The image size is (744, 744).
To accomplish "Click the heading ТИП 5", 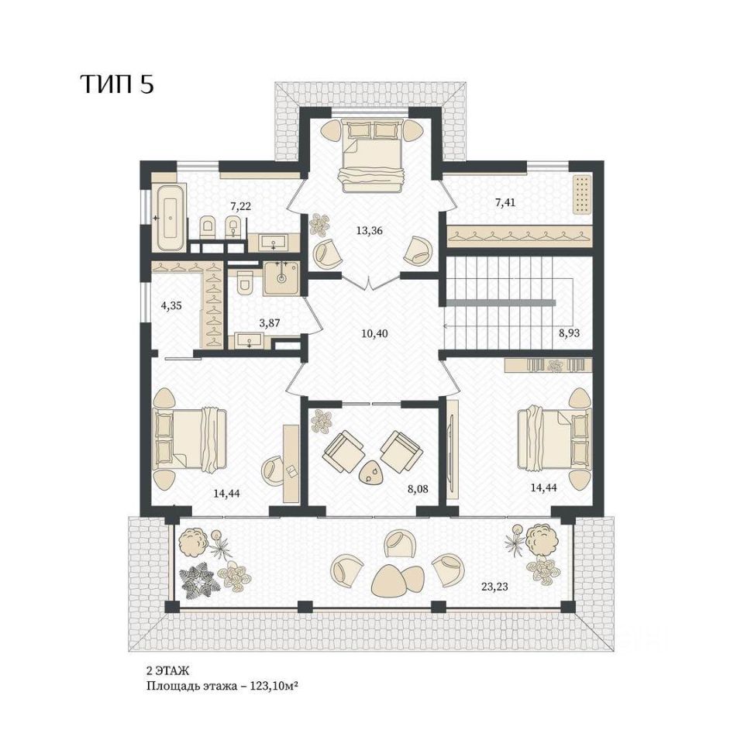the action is point(117,84).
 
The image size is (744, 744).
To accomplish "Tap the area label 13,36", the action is point(369,231).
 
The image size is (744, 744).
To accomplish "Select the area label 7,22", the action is point(240,206).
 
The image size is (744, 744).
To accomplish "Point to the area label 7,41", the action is point(505,203).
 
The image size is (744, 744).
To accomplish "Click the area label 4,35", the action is point(171,305).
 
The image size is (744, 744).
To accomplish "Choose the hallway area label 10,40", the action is point(374,333).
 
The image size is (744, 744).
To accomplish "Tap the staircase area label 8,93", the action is point(569,333).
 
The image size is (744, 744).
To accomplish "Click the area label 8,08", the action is point(418,489).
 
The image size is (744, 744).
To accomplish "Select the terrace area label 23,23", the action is point(494,587).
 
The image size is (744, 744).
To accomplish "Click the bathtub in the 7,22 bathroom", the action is point(170,219).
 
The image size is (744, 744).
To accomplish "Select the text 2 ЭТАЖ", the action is point(167,670).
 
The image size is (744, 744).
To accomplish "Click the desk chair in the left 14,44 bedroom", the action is point(274,470).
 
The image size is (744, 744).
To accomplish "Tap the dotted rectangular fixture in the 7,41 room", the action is point(583,194).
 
